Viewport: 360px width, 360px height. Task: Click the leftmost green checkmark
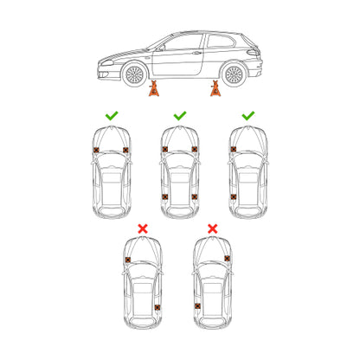pyautogui.click(x=111, y=114)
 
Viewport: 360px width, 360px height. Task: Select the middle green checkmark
pyautogui.click(x=179, y=114)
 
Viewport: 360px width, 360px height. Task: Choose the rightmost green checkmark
pyautogui.click(x=247, y=114)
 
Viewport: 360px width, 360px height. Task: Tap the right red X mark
pyautogui.click(x=213, y=228)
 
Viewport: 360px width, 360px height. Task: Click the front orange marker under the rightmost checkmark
pyautogui.click(x=233, y=150)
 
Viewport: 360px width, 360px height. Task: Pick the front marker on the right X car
pyautogui.click(x=227, y=258)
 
